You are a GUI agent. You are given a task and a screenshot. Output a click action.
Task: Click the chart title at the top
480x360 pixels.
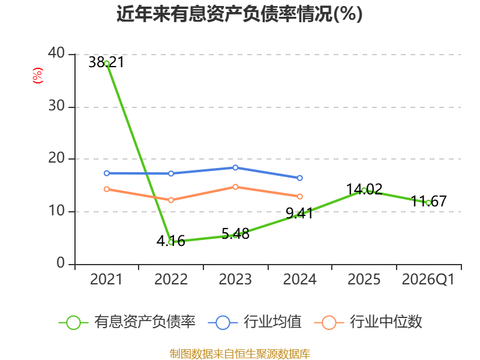tap(239, 14)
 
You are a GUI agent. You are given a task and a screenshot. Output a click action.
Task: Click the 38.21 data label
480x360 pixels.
tap(106, 62)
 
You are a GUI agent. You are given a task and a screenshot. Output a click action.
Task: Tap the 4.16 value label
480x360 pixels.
tap(170, 241)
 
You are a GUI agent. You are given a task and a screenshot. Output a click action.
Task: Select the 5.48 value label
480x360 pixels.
tap(235, 234)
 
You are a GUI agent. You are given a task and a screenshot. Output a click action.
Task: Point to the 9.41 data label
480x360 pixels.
tap(299, 213)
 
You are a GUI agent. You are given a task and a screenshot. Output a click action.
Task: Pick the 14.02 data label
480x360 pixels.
tap(364, 189)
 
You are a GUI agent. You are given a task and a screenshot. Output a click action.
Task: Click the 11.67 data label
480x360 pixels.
tap(428, 201)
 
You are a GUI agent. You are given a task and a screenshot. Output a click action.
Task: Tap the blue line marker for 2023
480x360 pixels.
tap(235, 167)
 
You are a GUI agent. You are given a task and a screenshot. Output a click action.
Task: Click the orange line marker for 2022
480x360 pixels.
tap(171, 200)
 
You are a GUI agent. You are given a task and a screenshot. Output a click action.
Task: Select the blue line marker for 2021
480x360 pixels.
tap(107, 173)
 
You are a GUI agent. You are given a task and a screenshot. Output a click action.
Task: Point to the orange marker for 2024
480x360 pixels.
tap(299, 196)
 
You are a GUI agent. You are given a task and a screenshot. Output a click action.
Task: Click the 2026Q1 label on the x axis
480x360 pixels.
tap(428, 279)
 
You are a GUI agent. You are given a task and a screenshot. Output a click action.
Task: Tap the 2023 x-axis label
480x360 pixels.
tap(235, 279)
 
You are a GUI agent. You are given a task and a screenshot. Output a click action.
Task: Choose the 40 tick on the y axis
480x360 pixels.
tap(56, 53)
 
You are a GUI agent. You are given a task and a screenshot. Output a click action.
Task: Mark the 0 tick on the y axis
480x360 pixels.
tap(61, 263)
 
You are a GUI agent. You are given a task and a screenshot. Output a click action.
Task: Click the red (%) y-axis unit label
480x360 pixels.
tap(38, 76)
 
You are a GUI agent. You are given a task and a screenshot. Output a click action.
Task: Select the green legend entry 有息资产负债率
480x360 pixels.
tap(127, 322)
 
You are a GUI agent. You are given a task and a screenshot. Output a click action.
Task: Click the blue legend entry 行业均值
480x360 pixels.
tap(254, 322)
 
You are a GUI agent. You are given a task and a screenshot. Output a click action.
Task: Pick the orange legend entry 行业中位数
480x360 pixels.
tap(368, 322)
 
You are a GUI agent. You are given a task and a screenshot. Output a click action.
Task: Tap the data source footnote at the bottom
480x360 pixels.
tap(239, 353)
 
